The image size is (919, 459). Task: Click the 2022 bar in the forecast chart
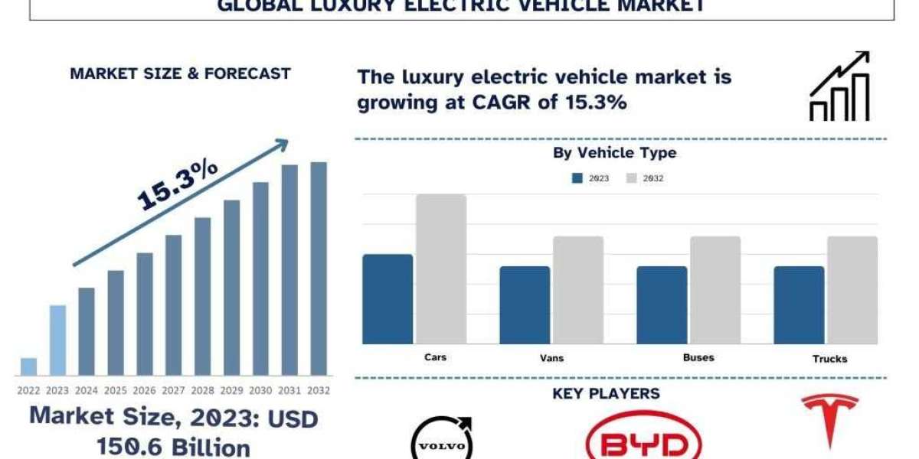coord(28,366)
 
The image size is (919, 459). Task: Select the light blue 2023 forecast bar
coord(57,340)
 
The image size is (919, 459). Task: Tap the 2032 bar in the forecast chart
coord(319,269)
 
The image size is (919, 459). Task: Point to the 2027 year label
coord(174,390)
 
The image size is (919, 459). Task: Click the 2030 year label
coord(261,390)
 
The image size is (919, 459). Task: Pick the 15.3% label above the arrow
coord(178,185)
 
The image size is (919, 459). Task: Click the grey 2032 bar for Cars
coord(441,269)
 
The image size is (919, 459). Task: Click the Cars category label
coord(435,357)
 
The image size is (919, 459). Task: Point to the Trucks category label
coord(831,359)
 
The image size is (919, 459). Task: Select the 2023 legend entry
coord(590,178)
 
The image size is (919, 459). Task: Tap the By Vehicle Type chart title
coord(615,153)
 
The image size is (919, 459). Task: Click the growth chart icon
coord(840,86)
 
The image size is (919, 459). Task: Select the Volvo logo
coord(441,440)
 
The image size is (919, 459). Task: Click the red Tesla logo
coord(829,421)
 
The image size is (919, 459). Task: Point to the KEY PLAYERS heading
coord(606,394)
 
